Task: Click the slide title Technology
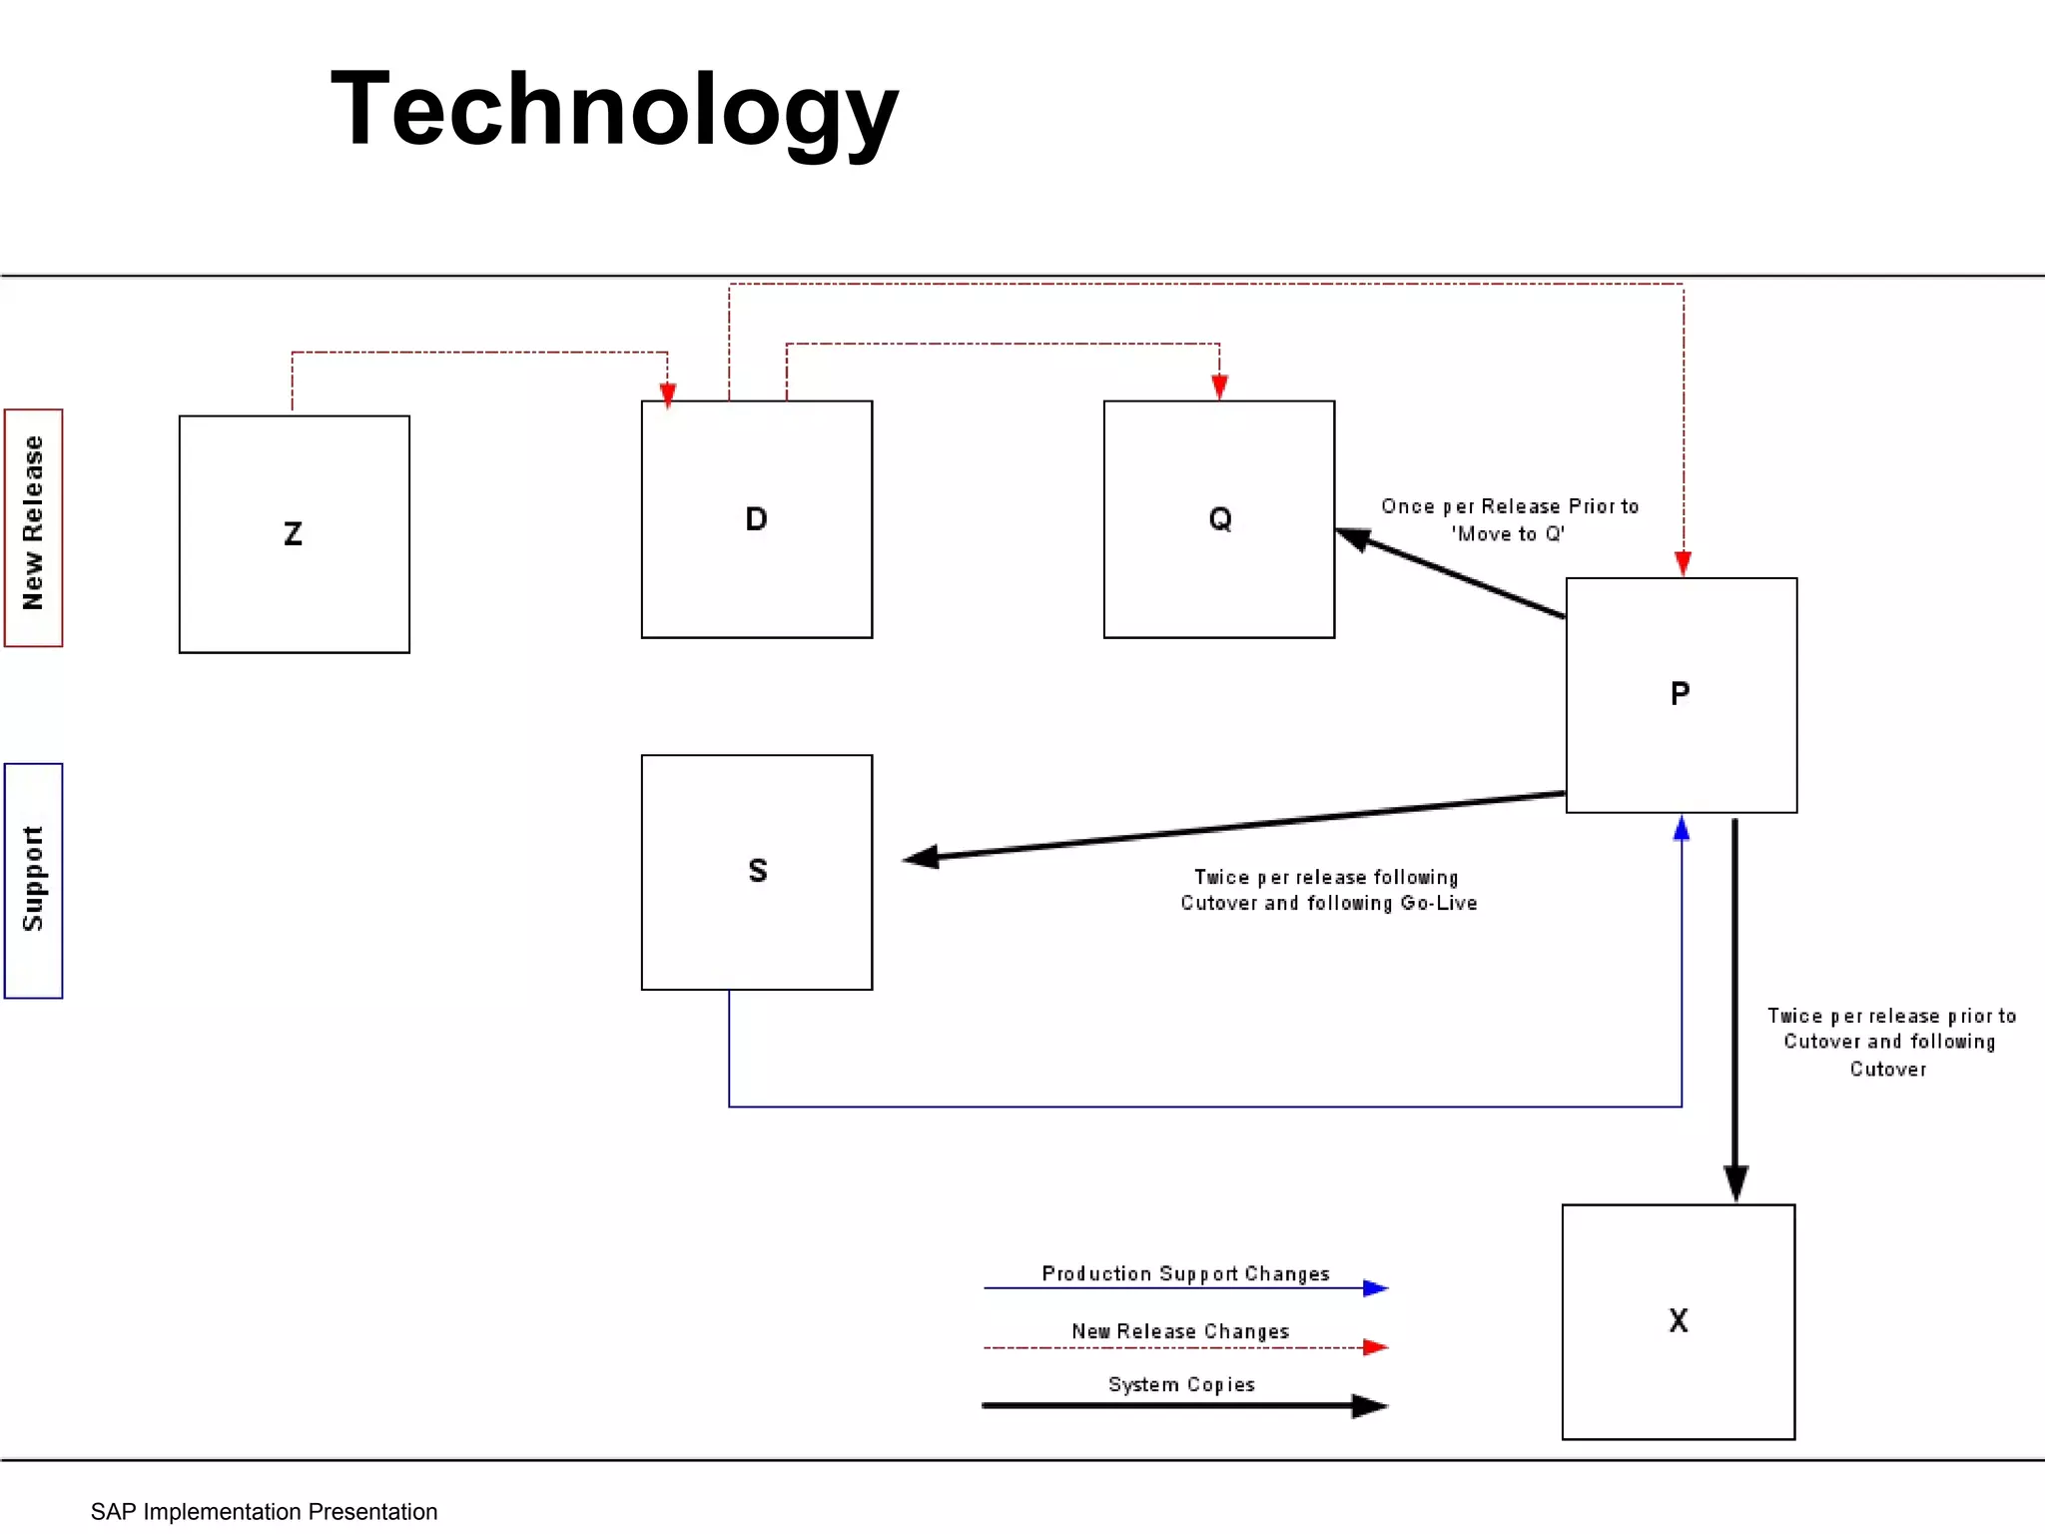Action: coord(614,110)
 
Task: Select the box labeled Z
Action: coord(294,534)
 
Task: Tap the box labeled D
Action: coord(756,519)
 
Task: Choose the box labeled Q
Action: coord(1218,519)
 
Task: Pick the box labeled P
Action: coord(1681,695)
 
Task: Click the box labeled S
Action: coord(756,872)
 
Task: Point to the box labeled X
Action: coord(1678,1321)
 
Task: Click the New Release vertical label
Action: coord(33,526)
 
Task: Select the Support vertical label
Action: coord(33,880)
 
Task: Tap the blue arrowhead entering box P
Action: coord(1682,829)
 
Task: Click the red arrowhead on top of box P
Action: coord(1684,563)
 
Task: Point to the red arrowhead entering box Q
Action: coord(1219,386)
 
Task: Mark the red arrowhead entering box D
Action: coord(668,395)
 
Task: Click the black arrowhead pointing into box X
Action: coord(1735,1182)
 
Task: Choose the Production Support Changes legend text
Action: coord(1185,1273)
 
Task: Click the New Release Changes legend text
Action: coord(1180,1331)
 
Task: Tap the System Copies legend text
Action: coord(1181,1384)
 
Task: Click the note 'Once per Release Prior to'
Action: coord(1510,506)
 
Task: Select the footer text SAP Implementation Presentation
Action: coord(264,1511)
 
